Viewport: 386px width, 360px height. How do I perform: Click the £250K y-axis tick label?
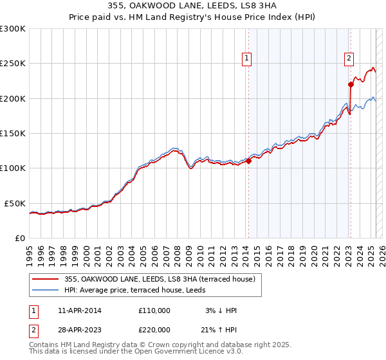coord(13,64)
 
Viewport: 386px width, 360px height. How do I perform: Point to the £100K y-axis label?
coord(13,168)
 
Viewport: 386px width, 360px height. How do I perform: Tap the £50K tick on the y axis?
coord(15,203)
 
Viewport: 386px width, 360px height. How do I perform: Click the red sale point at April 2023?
coord(351,84)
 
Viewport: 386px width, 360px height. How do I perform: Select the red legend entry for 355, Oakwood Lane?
coord(159,279)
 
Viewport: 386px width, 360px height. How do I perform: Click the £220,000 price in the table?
coord(154,330)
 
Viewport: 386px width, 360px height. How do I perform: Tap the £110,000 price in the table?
coord(154,310)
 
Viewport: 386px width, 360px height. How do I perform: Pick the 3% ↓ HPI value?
coord(220,310)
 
